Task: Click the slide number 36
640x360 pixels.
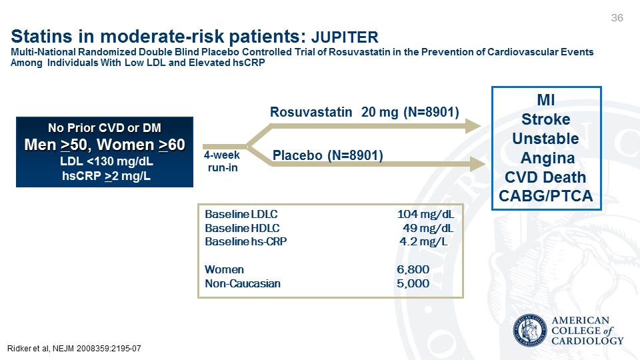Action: pyautogui.click(x=617, y=17)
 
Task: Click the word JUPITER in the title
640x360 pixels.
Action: pyautogui.click(x=345, y=37)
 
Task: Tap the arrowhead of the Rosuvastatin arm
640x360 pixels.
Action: pyautogui.click(x=473, y=126)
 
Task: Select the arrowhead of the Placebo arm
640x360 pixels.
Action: pyautogui.click(x=477, y=164)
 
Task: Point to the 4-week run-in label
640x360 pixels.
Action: pyautogui.click(x=222, y=161)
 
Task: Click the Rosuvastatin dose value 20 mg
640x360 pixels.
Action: pyautogui.click(x=379, y=112)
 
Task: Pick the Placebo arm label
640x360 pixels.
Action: pyautogui.click(x=328, y=155)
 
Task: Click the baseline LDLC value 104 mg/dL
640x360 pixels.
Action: pyautogui.click(x=425, y=214)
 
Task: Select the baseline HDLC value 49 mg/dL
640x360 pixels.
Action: pyautogui.click(x=428, y=228)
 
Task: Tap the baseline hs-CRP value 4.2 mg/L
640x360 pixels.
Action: pyautogui.click(x=423, y=241)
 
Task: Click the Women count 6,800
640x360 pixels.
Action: pyautogui.click(x=413, y=269)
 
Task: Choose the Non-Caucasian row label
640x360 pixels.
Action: pyautogui.click(x=243, y=283)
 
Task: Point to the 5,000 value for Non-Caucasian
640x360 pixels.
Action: pyautogui.click(x=413, y=283)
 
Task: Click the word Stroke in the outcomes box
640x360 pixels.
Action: pyautogui.click(x=546, y=119)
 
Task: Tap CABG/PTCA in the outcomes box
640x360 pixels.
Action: pyautogui.click(x=546, y=196)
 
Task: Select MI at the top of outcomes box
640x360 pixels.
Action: pyautogui.click(x=546, y=99)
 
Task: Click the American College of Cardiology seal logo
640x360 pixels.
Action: pyautogui.click(x=530, y=331)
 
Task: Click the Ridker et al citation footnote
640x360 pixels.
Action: pyautogui.click(x=74, y=349)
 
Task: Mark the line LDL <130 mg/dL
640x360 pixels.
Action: pyautogui.click(x=107, y=161)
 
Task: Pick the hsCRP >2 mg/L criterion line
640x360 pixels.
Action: pyautogui.click(x=106, y=176)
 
